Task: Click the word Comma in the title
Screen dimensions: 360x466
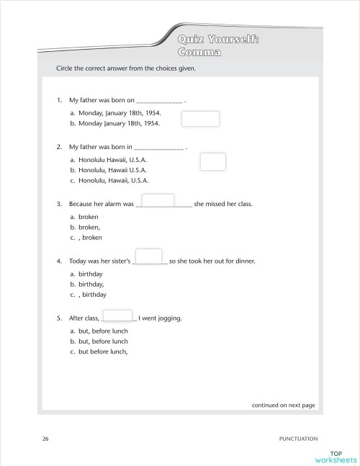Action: (x=199, y=53)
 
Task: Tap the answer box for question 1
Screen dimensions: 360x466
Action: (x=202, y=119)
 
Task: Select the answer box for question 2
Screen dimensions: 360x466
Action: (x=213, y=162)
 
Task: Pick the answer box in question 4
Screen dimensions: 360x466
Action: (x=148, y=256)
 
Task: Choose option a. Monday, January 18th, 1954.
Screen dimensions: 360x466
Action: (x=116, y=113)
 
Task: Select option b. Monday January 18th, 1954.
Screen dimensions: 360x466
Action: (x=114, y=123)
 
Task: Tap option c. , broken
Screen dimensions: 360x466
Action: (x=86, y=237)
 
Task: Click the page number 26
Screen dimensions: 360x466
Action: (x=45, y=438)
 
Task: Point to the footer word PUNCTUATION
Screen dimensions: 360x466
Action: (x=298, y=438)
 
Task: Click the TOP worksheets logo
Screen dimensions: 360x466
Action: (x=336, y=456)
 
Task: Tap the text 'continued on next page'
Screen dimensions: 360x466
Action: (x=283, y=405)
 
